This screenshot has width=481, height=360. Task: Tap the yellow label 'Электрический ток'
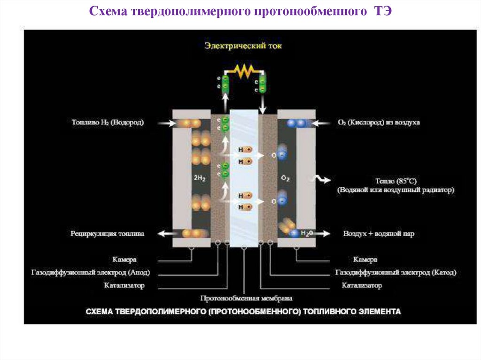(243, 46)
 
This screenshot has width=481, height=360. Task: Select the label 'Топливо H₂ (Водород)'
(108, 123)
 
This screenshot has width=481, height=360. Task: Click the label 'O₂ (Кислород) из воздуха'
(379, 123)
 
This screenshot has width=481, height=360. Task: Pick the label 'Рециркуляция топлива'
(108, 233)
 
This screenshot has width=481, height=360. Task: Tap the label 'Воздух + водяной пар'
(379, 233)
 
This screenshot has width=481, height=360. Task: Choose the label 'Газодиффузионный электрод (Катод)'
(396, 272)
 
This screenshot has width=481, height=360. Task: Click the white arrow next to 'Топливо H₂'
(162, 123)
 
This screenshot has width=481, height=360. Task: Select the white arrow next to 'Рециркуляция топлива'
(163, 233)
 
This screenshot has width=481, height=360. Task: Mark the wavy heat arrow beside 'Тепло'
(323, 179)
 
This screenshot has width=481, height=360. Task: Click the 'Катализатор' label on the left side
(124, 285)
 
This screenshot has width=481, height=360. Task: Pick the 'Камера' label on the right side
(365, 260)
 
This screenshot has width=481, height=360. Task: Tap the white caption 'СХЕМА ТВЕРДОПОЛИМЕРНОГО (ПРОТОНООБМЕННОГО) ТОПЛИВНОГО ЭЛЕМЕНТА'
(243, 311)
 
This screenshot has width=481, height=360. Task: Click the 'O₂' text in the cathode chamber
(285, 178)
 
